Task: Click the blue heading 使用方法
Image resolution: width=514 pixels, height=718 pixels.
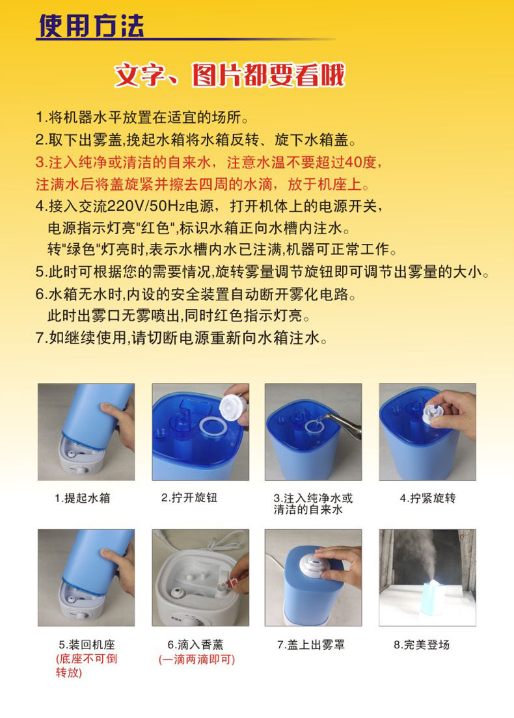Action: click(91, 25)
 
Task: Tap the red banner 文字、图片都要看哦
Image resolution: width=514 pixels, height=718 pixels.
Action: click(230, 75)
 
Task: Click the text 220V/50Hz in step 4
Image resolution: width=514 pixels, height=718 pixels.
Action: click(146, 206)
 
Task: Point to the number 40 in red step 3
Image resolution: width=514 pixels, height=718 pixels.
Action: click(354, 162)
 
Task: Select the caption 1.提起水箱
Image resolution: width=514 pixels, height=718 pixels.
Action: click(83, 498)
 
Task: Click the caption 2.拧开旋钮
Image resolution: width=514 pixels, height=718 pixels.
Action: click(189, 498)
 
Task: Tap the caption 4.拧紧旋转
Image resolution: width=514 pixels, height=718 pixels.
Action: click(428, 498)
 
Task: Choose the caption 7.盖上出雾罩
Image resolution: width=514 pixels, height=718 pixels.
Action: click(310, 645)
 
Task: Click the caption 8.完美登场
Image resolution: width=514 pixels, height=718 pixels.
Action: click(422, 645)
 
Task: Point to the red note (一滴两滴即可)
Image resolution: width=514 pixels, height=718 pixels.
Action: click(196, 659)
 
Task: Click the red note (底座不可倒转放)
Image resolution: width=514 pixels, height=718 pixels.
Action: click(87, 666)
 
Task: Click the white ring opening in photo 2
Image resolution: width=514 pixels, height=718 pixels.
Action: click(213, 427)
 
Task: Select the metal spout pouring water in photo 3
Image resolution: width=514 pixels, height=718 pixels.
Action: click(344, 423)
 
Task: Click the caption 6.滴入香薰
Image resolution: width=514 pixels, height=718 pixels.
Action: click(196, 645)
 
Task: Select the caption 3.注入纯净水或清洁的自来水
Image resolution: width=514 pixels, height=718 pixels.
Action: click(314, 503)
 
